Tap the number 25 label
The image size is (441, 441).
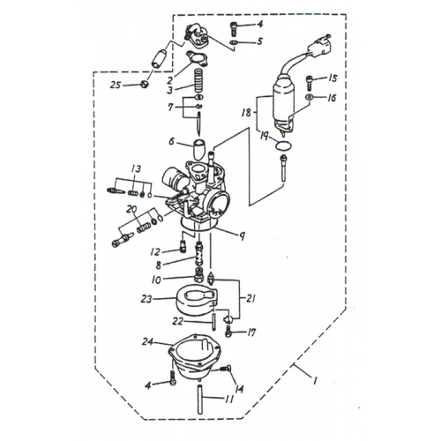click(x=115, y=85)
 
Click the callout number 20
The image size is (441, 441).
click(x=131, y=209)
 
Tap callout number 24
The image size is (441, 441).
click(x=146, y=341)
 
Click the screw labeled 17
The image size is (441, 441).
click(x=229, y=333)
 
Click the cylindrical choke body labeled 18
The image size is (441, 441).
click(x=288, y=95)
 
